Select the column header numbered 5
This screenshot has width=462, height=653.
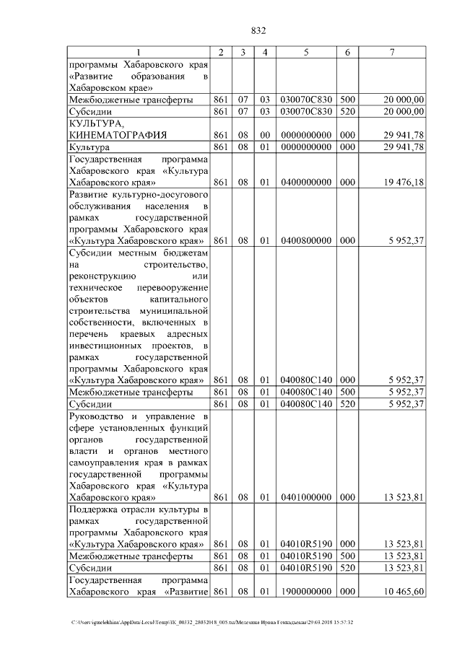tap(306, 53)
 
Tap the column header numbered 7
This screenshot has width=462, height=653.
tap(391, 53)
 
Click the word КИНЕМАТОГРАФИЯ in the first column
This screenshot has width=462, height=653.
tap(117, 135)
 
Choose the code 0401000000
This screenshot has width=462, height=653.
tap(306, 497)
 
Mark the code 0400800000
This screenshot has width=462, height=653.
tap(306, 240)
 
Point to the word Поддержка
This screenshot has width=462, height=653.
tap(94, 510)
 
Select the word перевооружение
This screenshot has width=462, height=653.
tap(173, 286)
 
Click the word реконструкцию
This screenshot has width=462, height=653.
tap(99, 275)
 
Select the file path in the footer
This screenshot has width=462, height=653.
tap(212, 622)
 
